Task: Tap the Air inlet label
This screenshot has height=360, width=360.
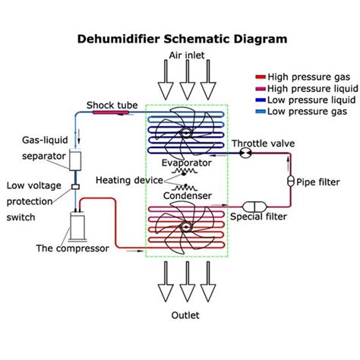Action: click(x=184, y=55)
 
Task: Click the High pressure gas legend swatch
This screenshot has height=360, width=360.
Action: click(x=260, y=77)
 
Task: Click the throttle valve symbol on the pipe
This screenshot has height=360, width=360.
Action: click(x=245, y=153)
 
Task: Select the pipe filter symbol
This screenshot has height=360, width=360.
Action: click(x=289, y=182)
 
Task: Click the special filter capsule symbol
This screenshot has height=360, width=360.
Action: click(x=251, y=207)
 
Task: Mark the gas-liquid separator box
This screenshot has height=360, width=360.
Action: click(x=75, y=160)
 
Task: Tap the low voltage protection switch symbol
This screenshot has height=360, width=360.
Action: click(x=75, y=187)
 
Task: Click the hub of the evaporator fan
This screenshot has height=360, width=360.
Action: click(x=186, y=134)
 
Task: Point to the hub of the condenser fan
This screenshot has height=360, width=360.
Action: click(x=185, y=226)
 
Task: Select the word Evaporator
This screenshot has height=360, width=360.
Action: click(x=186, y=163)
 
